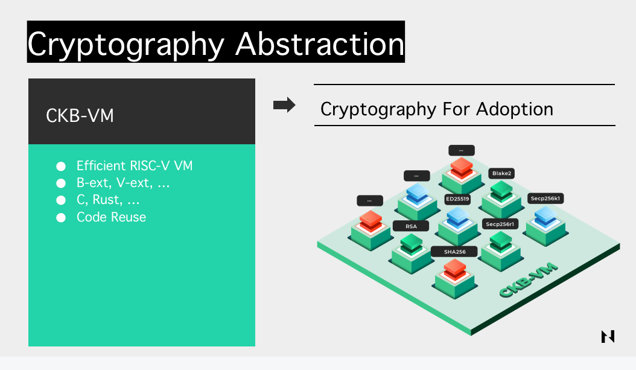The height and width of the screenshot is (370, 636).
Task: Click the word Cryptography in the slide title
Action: tap(126, 45)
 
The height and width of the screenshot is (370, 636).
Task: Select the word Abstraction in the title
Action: tap(320, 44)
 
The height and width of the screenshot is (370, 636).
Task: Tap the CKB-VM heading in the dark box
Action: tap(80, 116)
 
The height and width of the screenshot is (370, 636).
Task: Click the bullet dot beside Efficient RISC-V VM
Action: tap(61, 166)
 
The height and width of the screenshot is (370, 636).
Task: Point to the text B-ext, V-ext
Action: tap(115, 183)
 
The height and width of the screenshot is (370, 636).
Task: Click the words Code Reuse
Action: tap(111, 217)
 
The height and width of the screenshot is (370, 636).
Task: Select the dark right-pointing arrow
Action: tap(284, 105)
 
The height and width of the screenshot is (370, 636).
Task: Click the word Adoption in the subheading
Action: tap(514, 109)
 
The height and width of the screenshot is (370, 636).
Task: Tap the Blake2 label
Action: tap(502, 173)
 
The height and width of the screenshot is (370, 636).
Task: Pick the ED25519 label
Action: tap(457, 199)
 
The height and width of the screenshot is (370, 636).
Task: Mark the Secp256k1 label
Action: tap(545, 199)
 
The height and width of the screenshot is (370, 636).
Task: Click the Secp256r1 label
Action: tap(500, 224)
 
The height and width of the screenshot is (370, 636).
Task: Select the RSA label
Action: tap(411, 226)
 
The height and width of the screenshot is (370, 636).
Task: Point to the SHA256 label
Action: tap(455, 252)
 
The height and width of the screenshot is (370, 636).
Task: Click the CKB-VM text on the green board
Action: tap(529, 280)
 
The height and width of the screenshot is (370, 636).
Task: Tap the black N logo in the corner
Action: tap(608, 336)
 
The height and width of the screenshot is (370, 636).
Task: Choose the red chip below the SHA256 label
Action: tap(455, 270)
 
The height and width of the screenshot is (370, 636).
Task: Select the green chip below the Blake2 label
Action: tap(502, 191)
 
